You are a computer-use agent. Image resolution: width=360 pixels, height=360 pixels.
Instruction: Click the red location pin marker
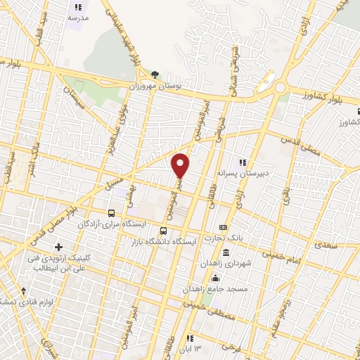[x=181, y=165]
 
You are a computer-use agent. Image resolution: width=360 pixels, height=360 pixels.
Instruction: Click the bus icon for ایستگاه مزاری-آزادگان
[x=111, y=212]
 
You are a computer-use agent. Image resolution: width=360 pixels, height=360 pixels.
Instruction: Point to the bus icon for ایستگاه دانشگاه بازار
[x=164, y=231]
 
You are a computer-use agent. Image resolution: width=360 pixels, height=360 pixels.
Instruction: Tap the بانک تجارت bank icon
[x=224, y=227]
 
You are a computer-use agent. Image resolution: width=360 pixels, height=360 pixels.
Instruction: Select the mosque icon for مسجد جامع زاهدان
[x=224, y=279]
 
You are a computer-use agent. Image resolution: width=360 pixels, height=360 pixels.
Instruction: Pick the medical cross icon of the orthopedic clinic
[x=59, y=247]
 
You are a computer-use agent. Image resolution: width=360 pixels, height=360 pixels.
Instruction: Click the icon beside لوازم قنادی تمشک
[x=23, y=290]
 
